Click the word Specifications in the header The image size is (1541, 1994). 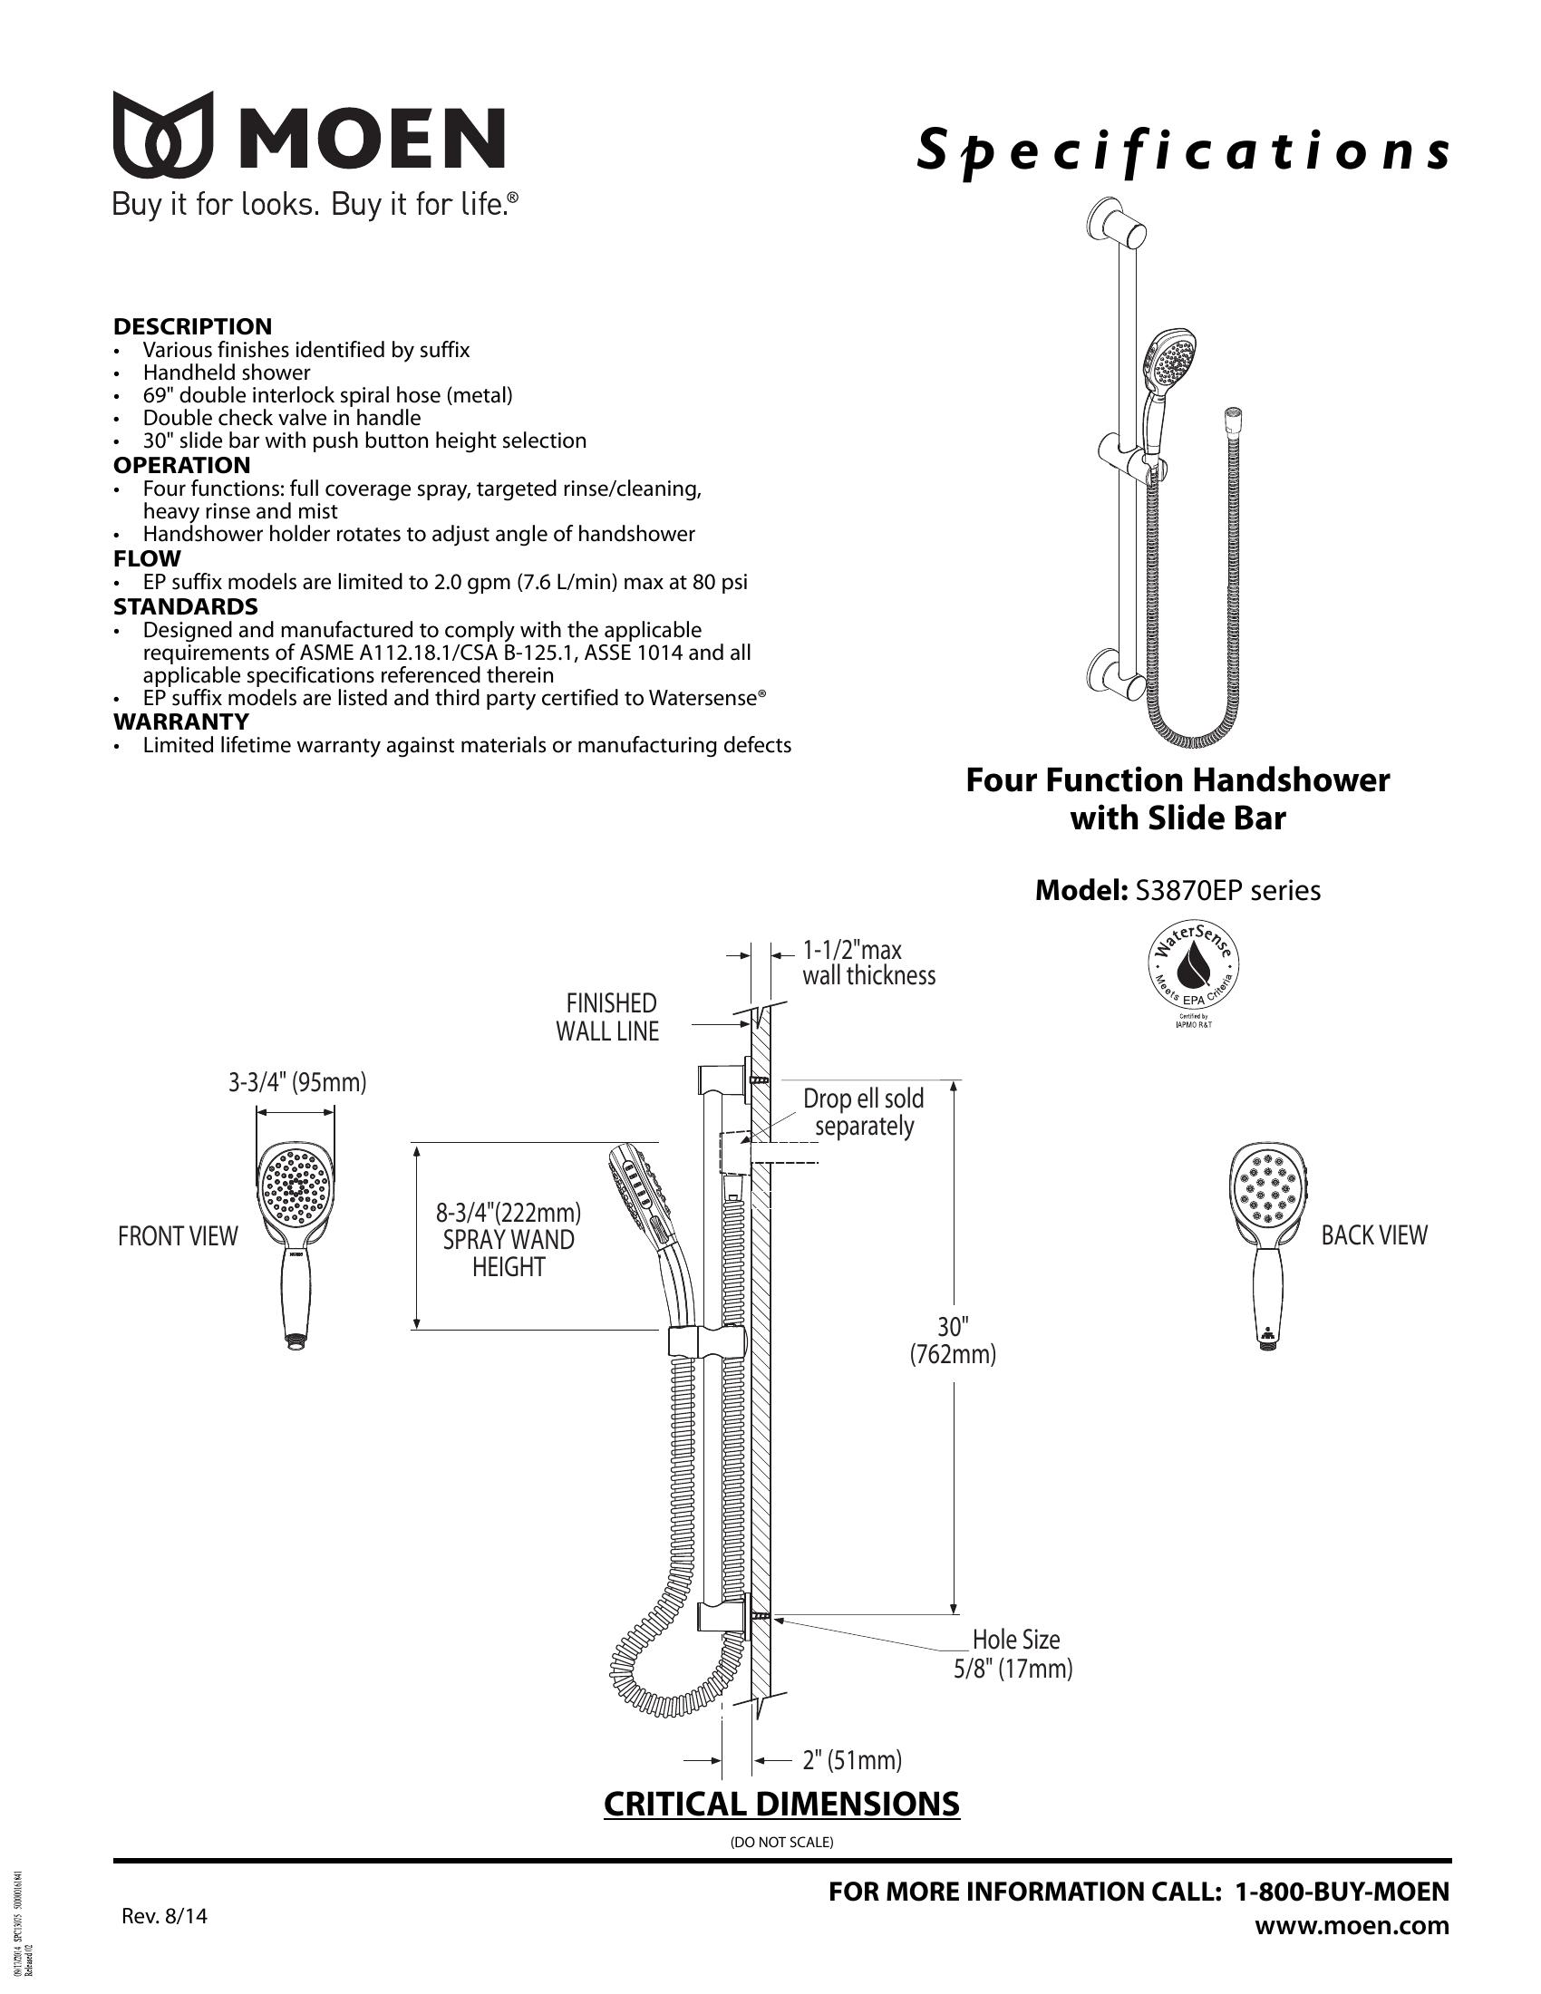pyautogui.click(x=1182, y=150)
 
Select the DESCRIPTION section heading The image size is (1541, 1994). pyautogui.click(x=192, y=326)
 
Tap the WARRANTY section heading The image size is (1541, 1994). pyautogui.click(x=180, y=721)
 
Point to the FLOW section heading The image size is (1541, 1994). pyautogui.click(x=147, y=557)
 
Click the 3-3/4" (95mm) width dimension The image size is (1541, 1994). pyautogui.click(x=296, y=1083)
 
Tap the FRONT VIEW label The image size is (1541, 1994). pyautogui.click(x=177, y=1236)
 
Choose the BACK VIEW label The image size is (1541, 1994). pyautogui.click(x=1374, y=1235)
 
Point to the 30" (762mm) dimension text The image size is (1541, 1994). pyautogui.click(x=952, y=1341)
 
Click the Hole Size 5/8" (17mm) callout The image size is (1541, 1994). pyautogui.click(x=1013, y=1653)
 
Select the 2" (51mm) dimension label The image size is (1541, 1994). pyautogui.click(x=852, y=1759)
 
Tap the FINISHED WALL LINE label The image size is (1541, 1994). pyautogui.click(x=608, y=1017)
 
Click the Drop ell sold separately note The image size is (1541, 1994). pyautogui.click(x=863, y=1112)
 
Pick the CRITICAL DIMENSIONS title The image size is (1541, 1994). pyautogui.click(x=781, y=1803)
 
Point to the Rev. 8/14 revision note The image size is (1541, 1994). pyautogui.click(x=164, y=1915)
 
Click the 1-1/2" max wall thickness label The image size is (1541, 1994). pyautogui.click(x=867, y=963)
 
